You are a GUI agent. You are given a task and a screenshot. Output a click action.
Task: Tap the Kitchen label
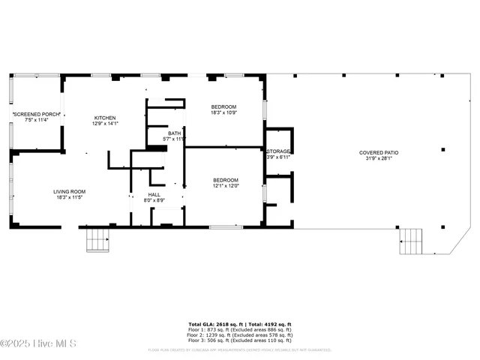click(x=104, y=118)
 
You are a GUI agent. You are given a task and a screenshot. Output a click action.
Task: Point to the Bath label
click(x=174, y=133)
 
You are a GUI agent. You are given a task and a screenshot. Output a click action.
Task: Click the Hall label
click(x=154, y=194)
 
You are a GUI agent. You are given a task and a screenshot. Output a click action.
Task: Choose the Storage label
click(x=278, y=151)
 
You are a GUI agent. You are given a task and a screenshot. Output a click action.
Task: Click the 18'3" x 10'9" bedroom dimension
click(x=223, y=112)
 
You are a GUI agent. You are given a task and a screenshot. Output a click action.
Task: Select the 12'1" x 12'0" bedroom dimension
click(x=225, y=186)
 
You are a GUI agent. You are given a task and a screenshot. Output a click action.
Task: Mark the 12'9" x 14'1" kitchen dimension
click(x=104, y=124)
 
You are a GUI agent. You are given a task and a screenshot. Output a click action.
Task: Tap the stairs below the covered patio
click(x=412, y=241)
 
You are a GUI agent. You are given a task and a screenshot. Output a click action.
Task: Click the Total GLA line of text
click(x=239, y=324)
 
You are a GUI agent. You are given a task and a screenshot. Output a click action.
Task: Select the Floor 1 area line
click(x=239, y=329)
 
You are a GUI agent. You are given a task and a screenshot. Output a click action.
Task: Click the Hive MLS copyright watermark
click(x=39, y=343)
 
